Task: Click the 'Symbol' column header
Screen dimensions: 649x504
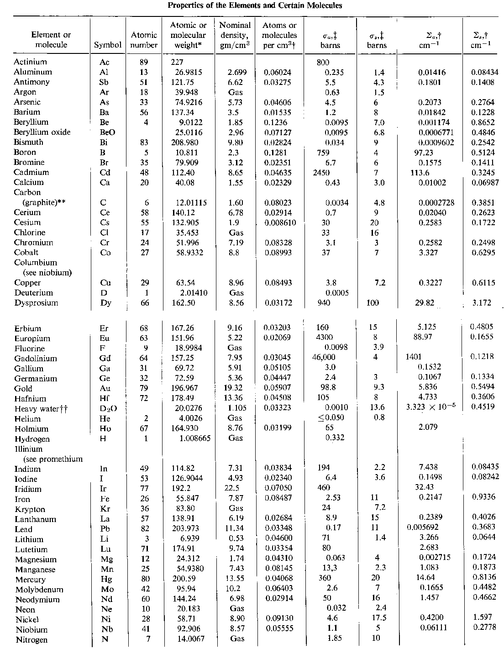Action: point(108,45)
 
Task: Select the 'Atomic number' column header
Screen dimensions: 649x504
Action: point(144,40)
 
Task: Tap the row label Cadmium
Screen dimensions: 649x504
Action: point(31,172)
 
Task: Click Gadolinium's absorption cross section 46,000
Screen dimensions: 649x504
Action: point(324,358)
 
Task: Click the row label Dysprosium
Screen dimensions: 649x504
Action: point(36,303)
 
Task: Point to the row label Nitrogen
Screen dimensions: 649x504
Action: point(31,640)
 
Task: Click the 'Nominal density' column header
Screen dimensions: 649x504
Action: point(235,35)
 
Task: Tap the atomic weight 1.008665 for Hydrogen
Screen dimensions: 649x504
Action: point(194,438)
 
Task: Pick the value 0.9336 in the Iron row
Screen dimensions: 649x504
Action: point(483,497)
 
